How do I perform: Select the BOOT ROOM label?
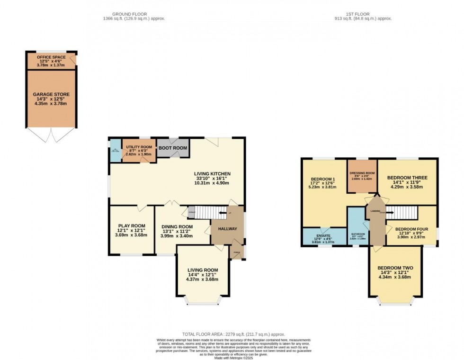173,148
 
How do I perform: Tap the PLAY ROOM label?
131,225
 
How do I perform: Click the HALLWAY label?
227,229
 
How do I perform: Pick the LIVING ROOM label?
202,270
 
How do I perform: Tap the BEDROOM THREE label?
407,178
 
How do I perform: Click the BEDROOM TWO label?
395,268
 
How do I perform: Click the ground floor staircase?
208,213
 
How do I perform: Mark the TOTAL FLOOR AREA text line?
233,334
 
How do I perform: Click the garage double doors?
51,135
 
